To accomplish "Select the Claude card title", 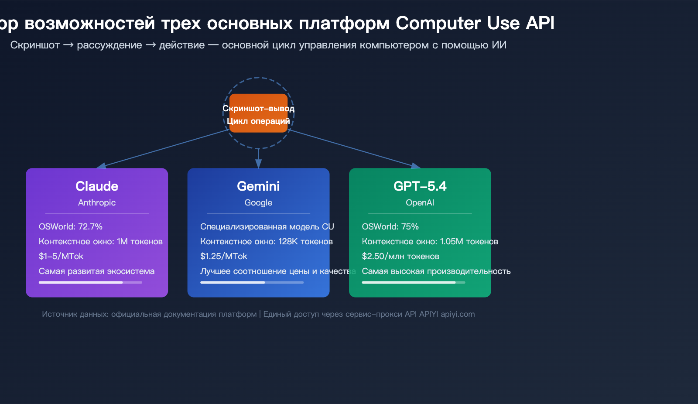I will (97, 186).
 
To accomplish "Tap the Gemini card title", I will (258, 186).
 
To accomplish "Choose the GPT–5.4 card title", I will (420, 186).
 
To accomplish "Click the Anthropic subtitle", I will (97, 203).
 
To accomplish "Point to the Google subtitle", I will (258, 203).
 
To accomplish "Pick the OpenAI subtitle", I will (420, 203).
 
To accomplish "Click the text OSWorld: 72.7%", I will (71, 227).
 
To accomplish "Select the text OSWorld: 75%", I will (390, 227).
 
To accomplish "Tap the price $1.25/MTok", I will (223, 257).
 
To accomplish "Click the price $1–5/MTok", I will (61, 257).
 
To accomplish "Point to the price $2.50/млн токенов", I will (400, 257).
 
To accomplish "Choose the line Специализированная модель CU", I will (267, 227).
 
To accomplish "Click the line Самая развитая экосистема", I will (96, 271).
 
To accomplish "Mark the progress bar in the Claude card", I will (90, 283).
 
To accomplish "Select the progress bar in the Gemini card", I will (252, 283).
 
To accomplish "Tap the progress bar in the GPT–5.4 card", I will (413, 283).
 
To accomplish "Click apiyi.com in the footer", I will (458, 314).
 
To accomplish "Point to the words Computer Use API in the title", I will (475, 23).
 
